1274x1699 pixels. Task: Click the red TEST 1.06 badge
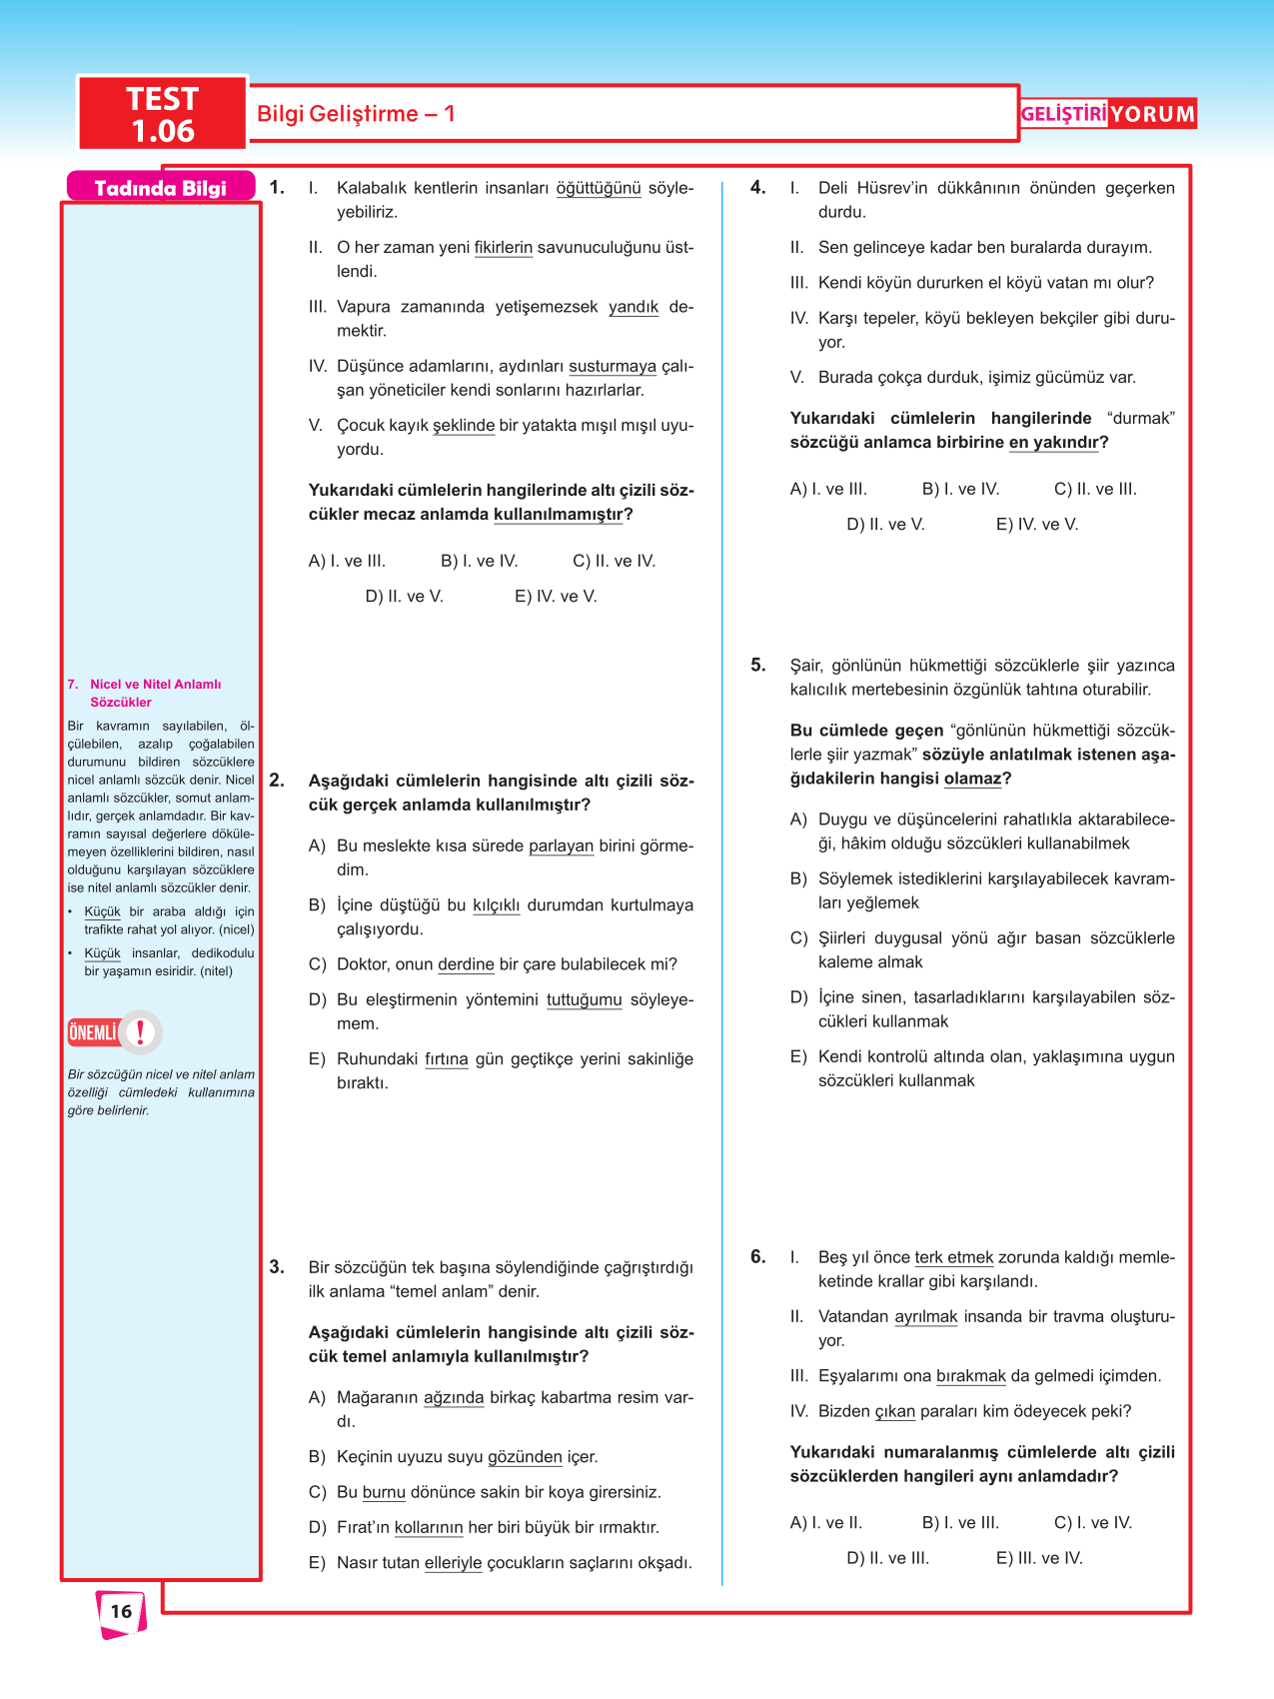coord(162,114)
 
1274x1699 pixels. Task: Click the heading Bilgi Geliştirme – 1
coord(356,114)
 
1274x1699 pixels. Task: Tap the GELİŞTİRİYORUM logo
coord(1107,114)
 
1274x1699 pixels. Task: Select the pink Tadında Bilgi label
coord(160,188)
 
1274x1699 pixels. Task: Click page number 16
coord(121,1611)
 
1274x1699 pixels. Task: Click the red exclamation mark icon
coord(141,1031)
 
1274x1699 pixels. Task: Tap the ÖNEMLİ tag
coord(93,1032)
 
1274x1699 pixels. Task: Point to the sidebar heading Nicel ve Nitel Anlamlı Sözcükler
coord(155,693)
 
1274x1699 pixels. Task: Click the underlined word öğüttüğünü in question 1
coord(599,188)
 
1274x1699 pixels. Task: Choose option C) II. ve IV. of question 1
coord(614,561)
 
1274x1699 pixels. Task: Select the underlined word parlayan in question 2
coord(561,846)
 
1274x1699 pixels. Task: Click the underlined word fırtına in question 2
coord(447,1058)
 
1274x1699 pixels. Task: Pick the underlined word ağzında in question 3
coord(454,1397)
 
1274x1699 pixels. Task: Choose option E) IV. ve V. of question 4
coord(1037,524)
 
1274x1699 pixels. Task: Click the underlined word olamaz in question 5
coord(972,779)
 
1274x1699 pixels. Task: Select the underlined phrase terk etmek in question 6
coord(954,1257)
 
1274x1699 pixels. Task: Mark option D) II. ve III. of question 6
coord(887,1558)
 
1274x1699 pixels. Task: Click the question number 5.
coord(758,665)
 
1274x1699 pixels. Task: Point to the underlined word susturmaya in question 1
coord(613,366)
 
